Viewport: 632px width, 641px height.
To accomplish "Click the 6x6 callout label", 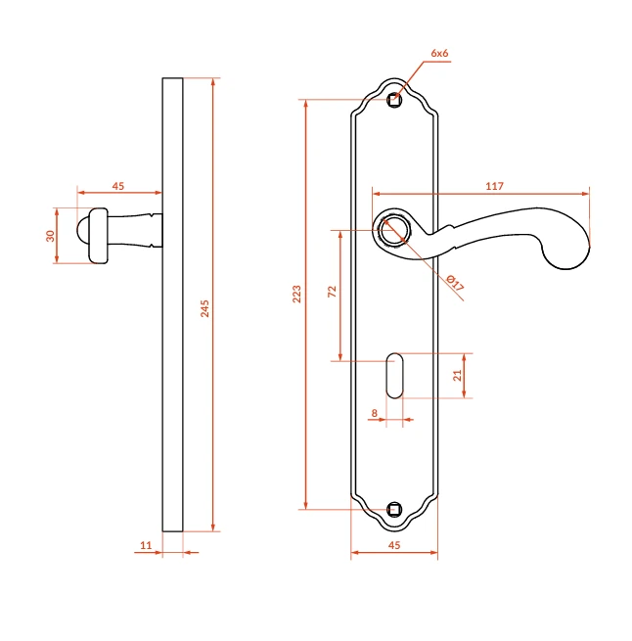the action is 439,53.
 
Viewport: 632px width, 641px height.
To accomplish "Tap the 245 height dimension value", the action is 204,308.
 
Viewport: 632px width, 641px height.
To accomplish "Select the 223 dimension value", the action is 296,294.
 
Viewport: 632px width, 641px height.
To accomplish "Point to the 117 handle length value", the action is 494,186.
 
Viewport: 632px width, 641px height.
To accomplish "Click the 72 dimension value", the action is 332,292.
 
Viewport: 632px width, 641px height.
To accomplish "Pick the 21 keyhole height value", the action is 457,375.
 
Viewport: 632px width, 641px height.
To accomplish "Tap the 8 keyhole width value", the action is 375,413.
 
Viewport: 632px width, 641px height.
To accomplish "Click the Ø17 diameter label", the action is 455,283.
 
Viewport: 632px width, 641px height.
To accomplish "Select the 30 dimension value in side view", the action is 50,236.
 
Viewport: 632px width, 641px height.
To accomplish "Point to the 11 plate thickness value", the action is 146,545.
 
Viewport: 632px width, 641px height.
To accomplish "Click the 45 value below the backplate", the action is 394,545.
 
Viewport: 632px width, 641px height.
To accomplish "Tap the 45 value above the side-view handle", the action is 118,186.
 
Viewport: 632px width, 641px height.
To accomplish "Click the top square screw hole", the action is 394,100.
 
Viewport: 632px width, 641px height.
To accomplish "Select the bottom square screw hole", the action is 394,509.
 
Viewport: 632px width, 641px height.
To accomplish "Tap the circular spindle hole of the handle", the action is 393,230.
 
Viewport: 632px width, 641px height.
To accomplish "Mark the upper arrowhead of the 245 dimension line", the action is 213,82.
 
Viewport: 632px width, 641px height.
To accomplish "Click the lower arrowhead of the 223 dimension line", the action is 306,505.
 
